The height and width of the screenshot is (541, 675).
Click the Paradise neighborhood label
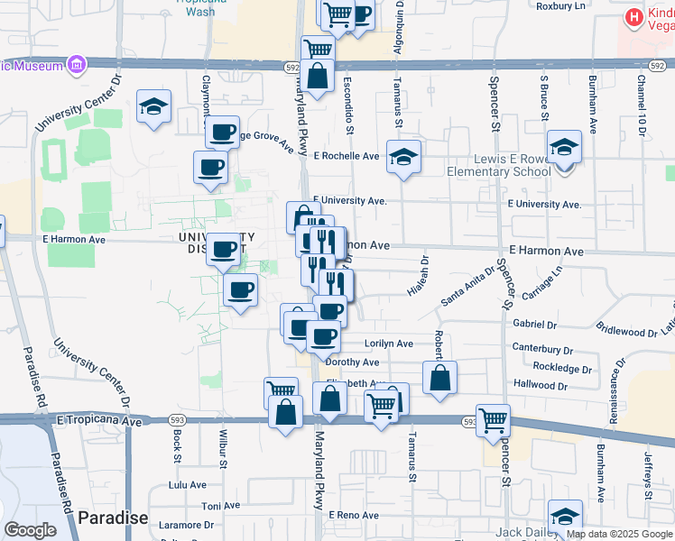pyautogui.click(x=112, y=518)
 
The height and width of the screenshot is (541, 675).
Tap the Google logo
pyautogui.click(x=30, y=530)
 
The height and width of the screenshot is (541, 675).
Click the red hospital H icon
pyautogui.click(x=633, y=16)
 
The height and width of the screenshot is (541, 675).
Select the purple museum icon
pyautogui.click(x=76, y=65)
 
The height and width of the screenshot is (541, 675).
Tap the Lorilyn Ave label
pyautogui.click(x=388, y=344)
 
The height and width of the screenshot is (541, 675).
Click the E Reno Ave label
pyautogui.click(x=354, y=515)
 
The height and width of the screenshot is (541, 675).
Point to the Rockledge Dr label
pyautogui.click(x=561, y=369)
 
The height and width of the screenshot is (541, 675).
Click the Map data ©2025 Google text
pyautogui.click(x=620, y=534)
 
